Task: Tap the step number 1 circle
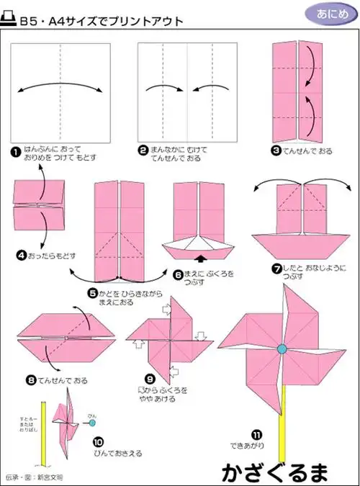pyautogui.click(x=15, y=150)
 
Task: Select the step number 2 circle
pyautogui.click(x=143, y=150)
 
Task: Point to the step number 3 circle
pyautogui.click(x=276, y=150)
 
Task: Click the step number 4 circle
pyautogui.click(x=22, y=254)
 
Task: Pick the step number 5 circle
pyautogui.click(x=93, y=292)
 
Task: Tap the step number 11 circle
pyautogui.click(x=256, y=434)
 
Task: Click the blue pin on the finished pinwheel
pyautogui.click(x=281, y=348)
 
